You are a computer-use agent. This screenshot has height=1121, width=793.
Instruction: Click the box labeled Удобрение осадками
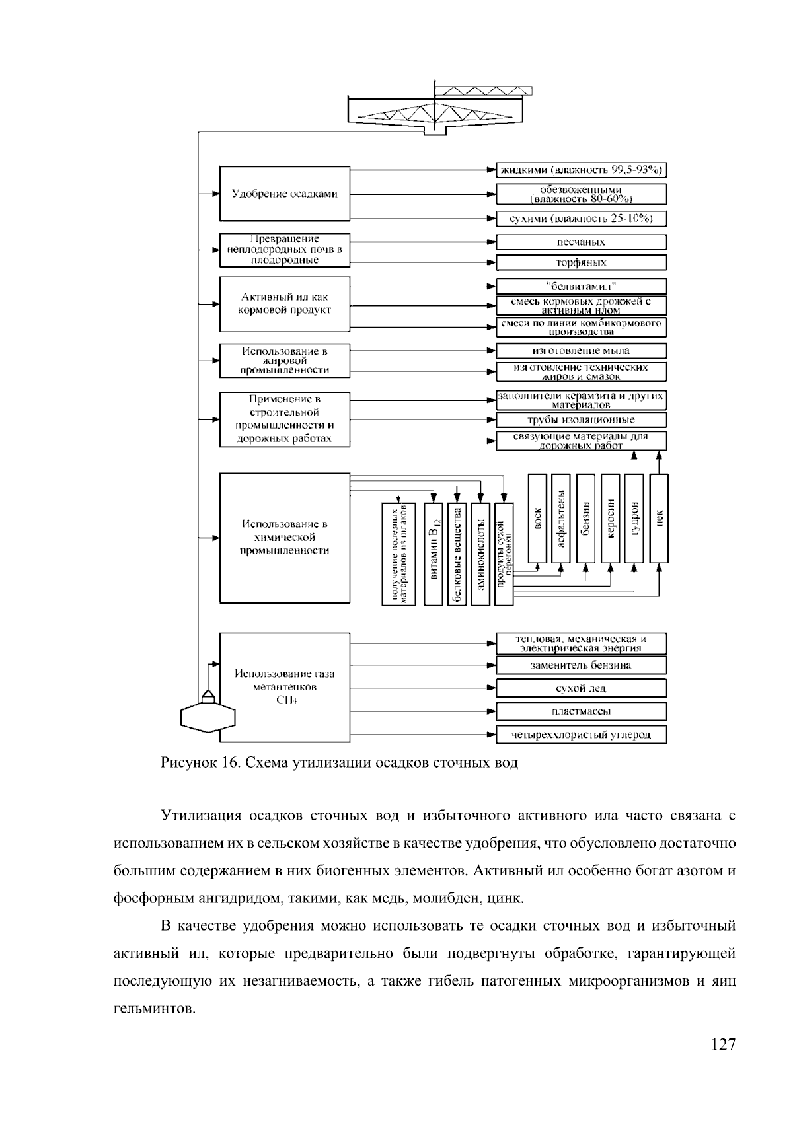tap(284, 194)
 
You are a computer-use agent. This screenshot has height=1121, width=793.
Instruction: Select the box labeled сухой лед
tap(581, 688)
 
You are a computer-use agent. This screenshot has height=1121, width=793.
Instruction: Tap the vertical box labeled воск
tap(537, 519)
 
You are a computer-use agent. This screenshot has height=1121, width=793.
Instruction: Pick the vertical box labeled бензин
tap(585, 519)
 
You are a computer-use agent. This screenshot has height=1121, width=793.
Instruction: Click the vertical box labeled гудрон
tap(634, 519)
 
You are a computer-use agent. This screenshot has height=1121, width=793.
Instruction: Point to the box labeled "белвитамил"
tap(581, 286)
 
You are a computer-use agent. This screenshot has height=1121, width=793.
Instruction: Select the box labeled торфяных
tap(581, 262)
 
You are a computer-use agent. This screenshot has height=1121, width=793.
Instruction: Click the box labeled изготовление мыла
tap(581, 351)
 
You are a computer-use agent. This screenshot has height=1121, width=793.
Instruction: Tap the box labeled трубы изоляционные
tap(581, 419)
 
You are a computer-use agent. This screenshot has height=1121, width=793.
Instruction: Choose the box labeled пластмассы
tap(581, 711)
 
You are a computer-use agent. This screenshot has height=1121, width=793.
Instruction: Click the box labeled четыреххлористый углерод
tap(581, 735)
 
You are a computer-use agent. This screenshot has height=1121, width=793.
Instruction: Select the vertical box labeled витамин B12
tap(434, 554)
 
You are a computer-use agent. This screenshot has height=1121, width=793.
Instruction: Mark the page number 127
tap(723, 1044)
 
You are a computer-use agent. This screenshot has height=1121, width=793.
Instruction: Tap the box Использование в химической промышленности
tap(284, 537)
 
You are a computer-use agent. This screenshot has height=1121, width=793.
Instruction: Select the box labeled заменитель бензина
tap(581, 665)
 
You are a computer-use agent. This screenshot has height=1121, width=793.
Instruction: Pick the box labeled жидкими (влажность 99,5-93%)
tap(581, 170)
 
